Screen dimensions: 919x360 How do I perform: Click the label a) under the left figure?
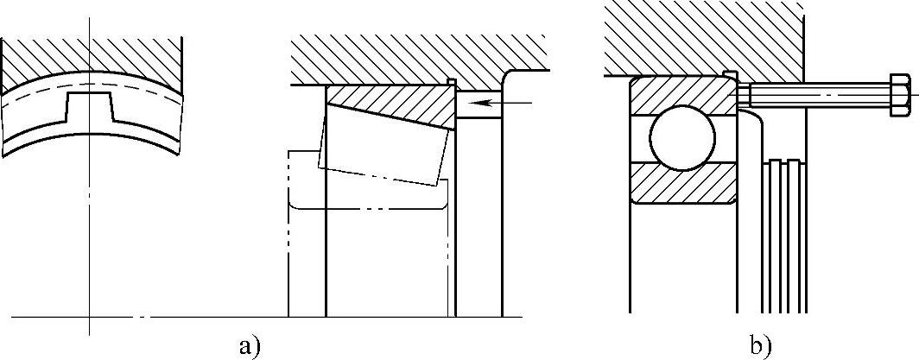(248, 345)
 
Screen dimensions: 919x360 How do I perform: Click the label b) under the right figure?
(759, 345)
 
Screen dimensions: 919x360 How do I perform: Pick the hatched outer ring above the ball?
(682, 93)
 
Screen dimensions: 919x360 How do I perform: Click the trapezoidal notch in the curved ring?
(88, 105)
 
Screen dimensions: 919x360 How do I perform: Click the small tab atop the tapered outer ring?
(452, 82)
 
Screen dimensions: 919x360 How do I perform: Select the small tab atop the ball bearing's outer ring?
(729, 73)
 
